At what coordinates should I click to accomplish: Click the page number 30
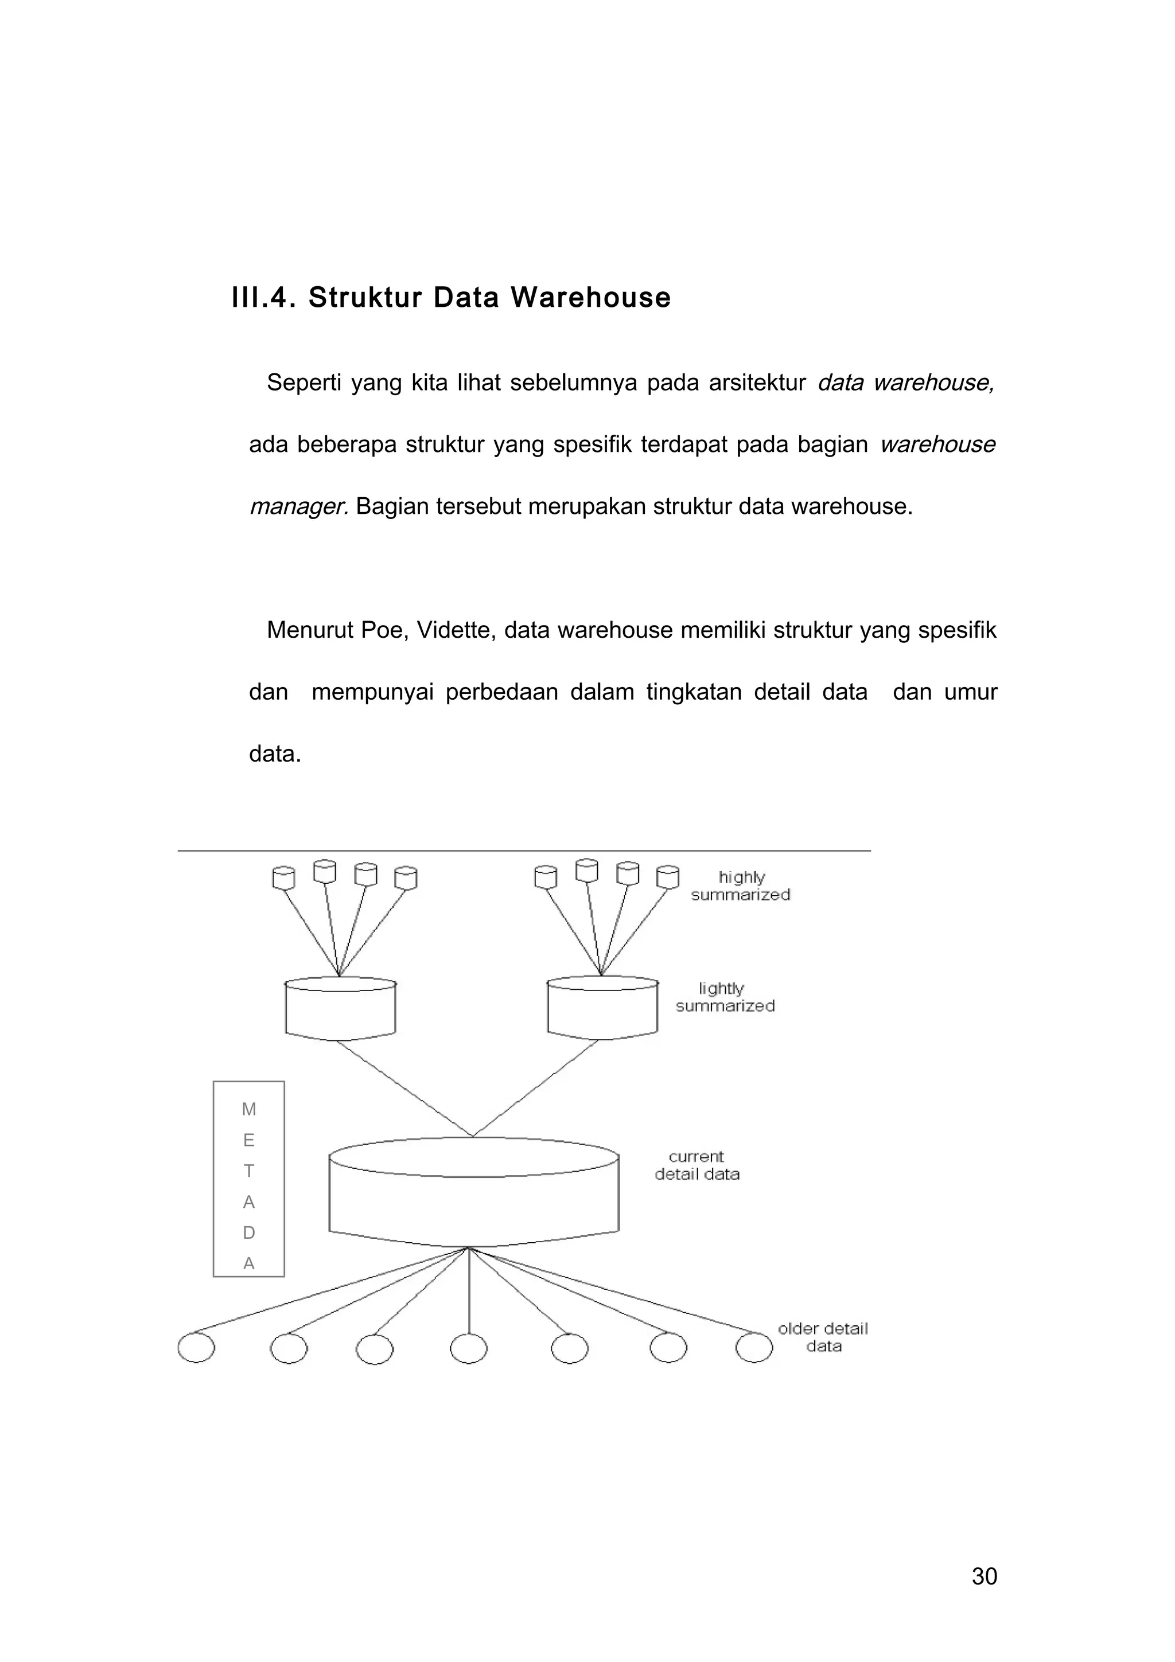pos(984,1576)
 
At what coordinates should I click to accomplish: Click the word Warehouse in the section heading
pos(591,298)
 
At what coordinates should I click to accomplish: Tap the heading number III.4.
pos(263,298)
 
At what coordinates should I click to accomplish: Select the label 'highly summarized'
pos(740,885)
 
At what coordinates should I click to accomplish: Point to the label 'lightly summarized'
pos(725,997)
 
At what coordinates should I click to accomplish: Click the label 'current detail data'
pos(697,1165)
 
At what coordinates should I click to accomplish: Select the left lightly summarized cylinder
pos(340,1010)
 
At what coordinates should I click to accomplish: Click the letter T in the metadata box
pos(248,1171)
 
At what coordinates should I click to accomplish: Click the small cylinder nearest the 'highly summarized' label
pos(667,877)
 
